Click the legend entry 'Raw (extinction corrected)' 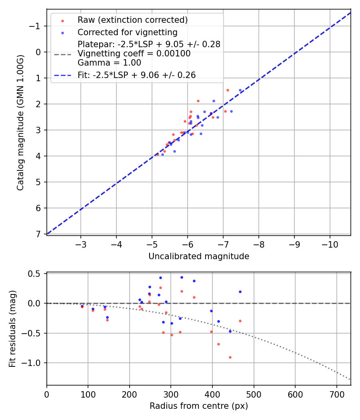(132, 20)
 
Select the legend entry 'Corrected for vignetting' (127, 32)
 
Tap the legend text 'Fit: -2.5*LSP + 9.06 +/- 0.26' (136, 75)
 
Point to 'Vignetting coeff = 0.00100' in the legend (134, 54)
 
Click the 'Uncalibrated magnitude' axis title (199, 256)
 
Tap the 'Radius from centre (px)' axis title (199, 406)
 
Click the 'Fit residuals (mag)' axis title (12, 328)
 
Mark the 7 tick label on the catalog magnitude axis (38, 234)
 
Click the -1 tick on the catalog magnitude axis (36, 26)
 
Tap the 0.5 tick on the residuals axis (36, 274)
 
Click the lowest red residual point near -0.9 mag (230, 357)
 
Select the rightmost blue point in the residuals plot (240, 292)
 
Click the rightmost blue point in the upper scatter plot (240, 90)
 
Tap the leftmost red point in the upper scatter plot (157, 154)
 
